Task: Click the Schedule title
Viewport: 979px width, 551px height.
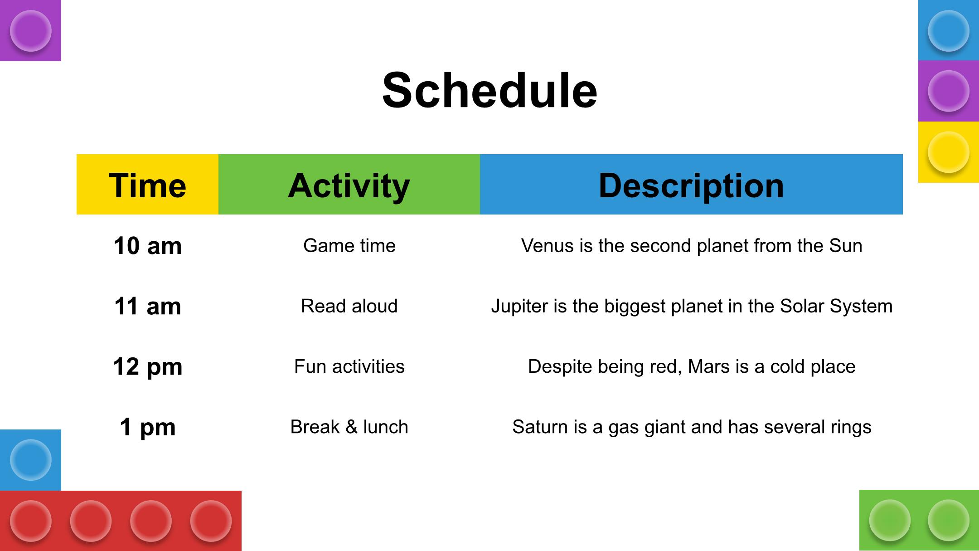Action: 489,90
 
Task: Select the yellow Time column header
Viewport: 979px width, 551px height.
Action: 147,184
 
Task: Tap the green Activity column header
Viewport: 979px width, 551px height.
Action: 349,184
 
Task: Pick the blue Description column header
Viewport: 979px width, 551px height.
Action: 691,184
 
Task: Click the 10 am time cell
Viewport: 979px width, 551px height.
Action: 148,246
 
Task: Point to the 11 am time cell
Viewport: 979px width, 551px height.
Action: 148,306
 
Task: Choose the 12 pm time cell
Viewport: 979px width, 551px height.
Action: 148,366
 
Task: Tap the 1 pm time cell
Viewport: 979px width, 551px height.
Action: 148,427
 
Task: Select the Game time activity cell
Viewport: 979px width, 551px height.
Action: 349,245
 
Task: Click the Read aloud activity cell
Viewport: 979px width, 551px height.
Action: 349,306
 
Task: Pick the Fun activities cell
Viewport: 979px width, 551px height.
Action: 349,366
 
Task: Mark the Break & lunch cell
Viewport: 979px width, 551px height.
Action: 349,427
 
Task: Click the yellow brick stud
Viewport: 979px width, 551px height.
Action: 948,152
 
